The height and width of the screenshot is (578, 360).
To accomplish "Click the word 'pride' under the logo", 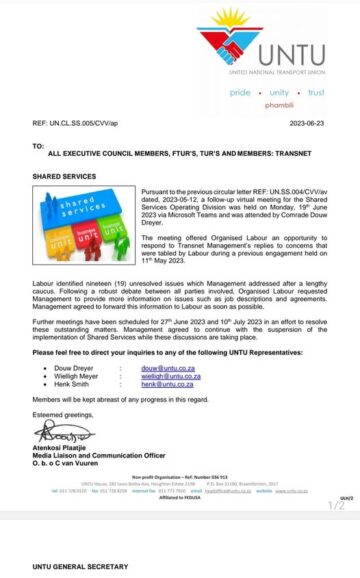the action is (241, 91).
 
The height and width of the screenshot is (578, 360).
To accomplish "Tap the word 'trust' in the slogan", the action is (315, 91).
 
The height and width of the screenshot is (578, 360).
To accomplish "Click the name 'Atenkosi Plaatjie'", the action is (67, 450).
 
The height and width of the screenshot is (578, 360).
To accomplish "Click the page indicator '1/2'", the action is (336, 506).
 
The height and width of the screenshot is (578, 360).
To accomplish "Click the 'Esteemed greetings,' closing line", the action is (63, 413).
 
